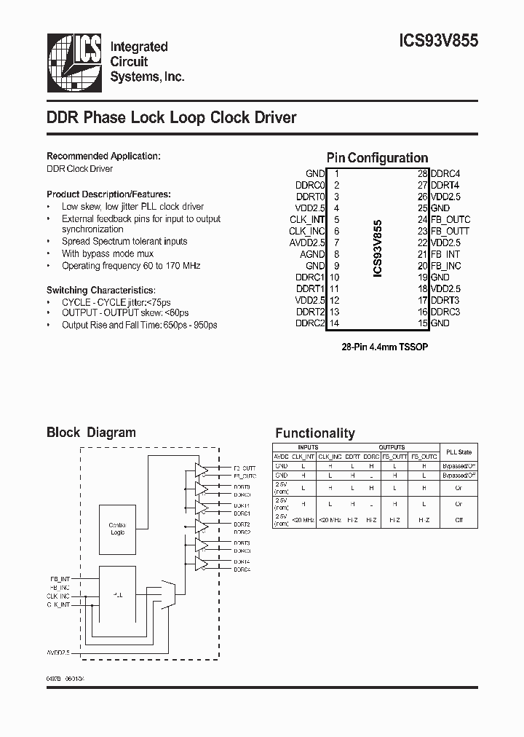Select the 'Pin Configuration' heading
377,158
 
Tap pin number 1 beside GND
336,174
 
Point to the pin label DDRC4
445,174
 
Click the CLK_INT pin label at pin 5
307,219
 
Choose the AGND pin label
313,254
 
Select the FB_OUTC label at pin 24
450,219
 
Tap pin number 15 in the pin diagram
422,323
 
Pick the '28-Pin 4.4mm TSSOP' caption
385,347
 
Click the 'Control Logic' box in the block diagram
116,529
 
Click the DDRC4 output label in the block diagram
242,569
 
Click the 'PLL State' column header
458,452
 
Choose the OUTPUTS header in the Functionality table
392,447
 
